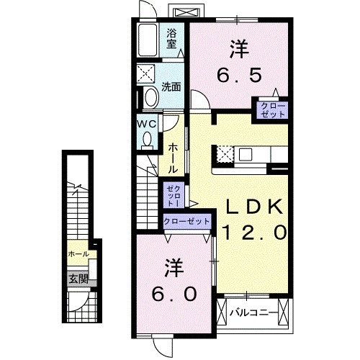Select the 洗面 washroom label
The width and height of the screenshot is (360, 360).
pyautogui.click(x=171, y=88)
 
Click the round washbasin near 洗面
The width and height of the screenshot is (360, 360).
pyautogui.click(x=151, y=97)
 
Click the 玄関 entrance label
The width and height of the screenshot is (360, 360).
pyautogui.click(x=78, y=279)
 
